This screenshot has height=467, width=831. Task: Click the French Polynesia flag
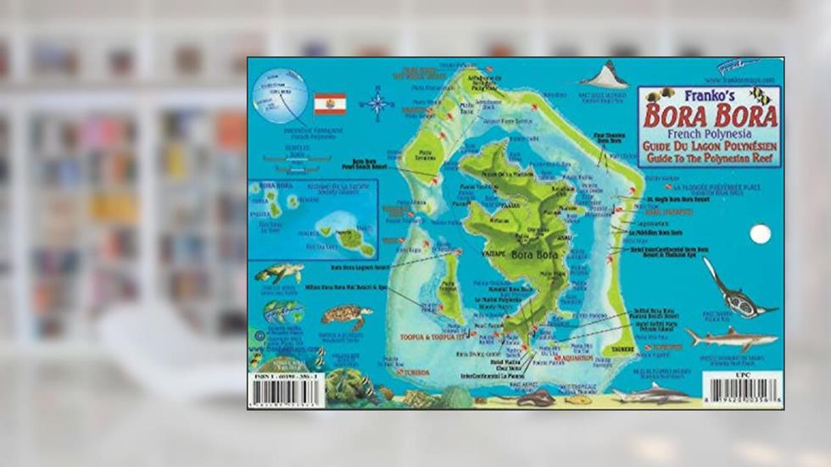(x=330, y=103)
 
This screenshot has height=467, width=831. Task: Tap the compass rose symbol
(x=376, y=104)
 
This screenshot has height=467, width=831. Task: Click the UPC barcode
(x=744, y=390)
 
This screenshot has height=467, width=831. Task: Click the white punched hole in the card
(x=761, y=234)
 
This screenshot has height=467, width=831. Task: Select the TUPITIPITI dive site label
(x=662, y=347)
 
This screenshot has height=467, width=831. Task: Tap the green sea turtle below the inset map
(x=280, y=273)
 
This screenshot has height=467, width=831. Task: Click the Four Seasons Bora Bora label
(x=608, y=136)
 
